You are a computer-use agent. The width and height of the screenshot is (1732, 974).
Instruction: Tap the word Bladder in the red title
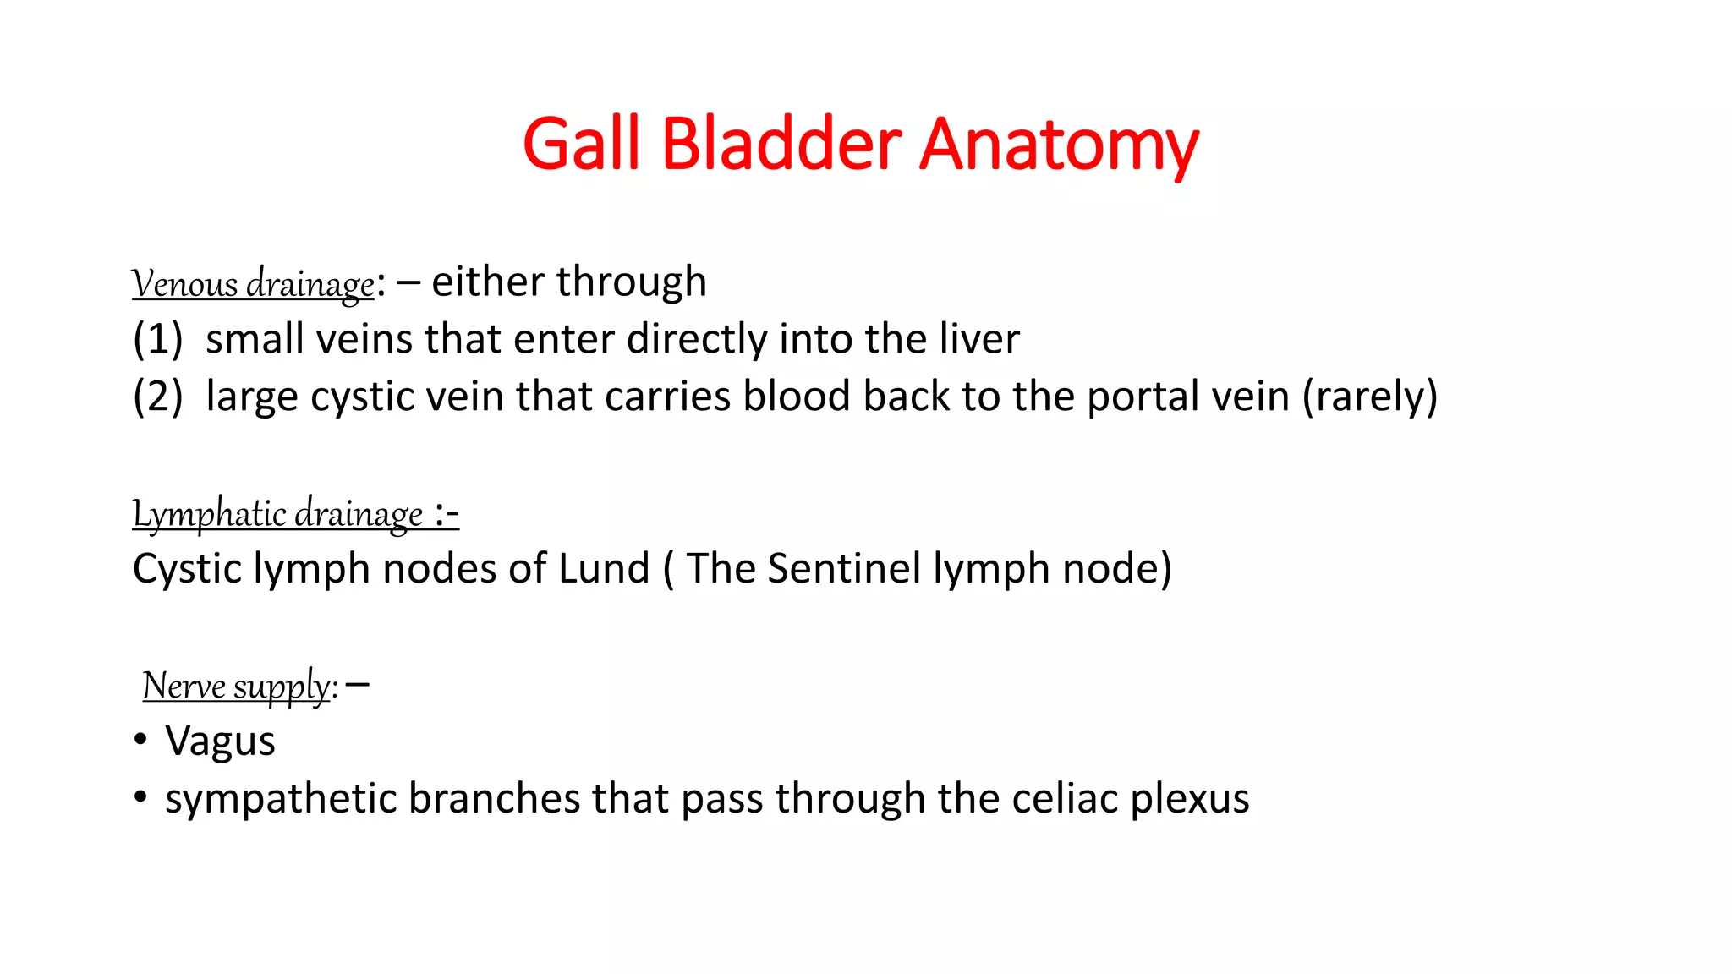point(781,144)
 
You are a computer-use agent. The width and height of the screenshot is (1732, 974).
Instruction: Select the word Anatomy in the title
point(1058,145)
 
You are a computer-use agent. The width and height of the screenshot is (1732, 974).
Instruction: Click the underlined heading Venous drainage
point(253,283)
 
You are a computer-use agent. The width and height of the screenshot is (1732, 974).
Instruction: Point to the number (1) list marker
point(157,339)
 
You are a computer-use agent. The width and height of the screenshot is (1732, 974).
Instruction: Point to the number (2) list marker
point(157,397)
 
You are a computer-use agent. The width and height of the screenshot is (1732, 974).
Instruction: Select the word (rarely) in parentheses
point(1369,397)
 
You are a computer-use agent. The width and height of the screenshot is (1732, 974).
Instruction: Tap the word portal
point(1134,397)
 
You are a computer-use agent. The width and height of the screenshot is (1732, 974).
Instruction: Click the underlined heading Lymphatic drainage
point(277,513)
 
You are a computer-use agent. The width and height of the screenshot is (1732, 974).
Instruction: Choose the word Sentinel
point(843,568)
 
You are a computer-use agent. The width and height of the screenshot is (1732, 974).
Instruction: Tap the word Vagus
point(220,741)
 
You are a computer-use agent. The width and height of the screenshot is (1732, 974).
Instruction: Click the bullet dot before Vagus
point(140,741)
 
